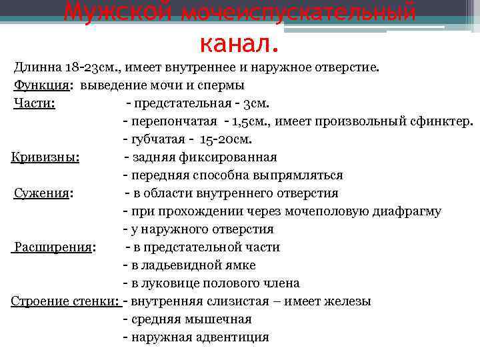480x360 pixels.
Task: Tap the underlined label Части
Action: pyautogui.click(x=33, y=103)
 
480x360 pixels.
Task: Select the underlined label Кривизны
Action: pyautogui.click(x=45, y=157)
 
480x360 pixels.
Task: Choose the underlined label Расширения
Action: pyautogui.click(x=53, y=247)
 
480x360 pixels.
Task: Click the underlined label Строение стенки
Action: pyautogui.click(x=65, y=301)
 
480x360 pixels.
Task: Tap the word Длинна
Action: pyautogui.click(x=38, y=67)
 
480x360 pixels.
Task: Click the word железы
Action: pyautogui.click(x=347, y=301)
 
